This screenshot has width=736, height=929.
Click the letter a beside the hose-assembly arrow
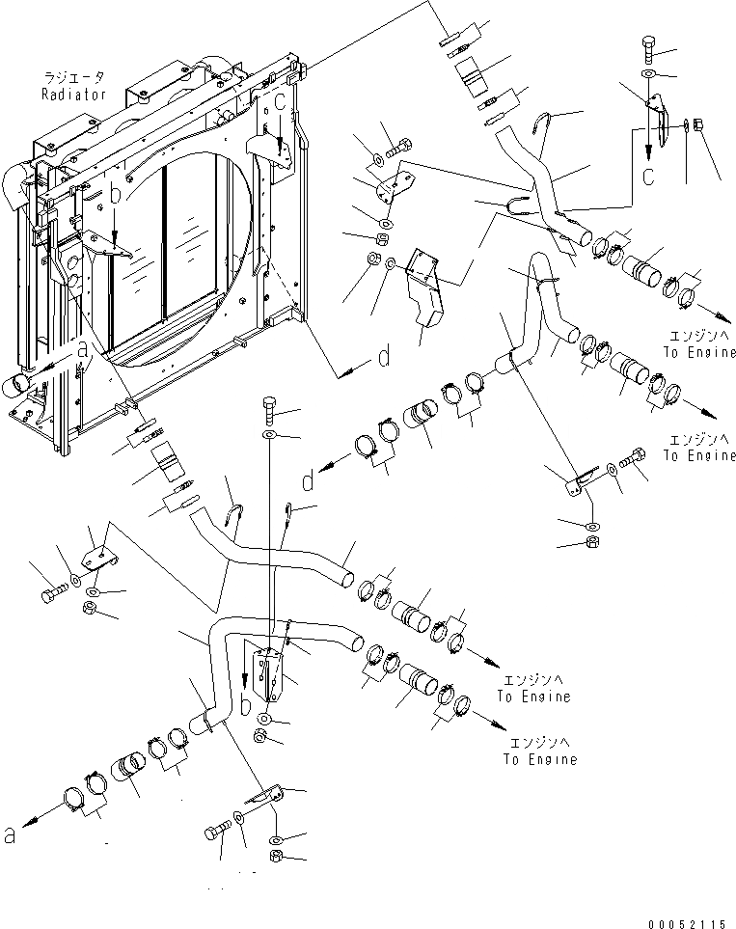click(x=11, y=835)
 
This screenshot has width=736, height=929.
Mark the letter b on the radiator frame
click(x=115, y=196)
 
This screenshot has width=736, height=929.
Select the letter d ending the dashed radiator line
click(x=383, y=358)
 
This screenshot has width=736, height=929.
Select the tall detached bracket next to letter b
click(x=271, y=674)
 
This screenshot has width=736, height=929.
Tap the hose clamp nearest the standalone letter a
click(x=74, y=801)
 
